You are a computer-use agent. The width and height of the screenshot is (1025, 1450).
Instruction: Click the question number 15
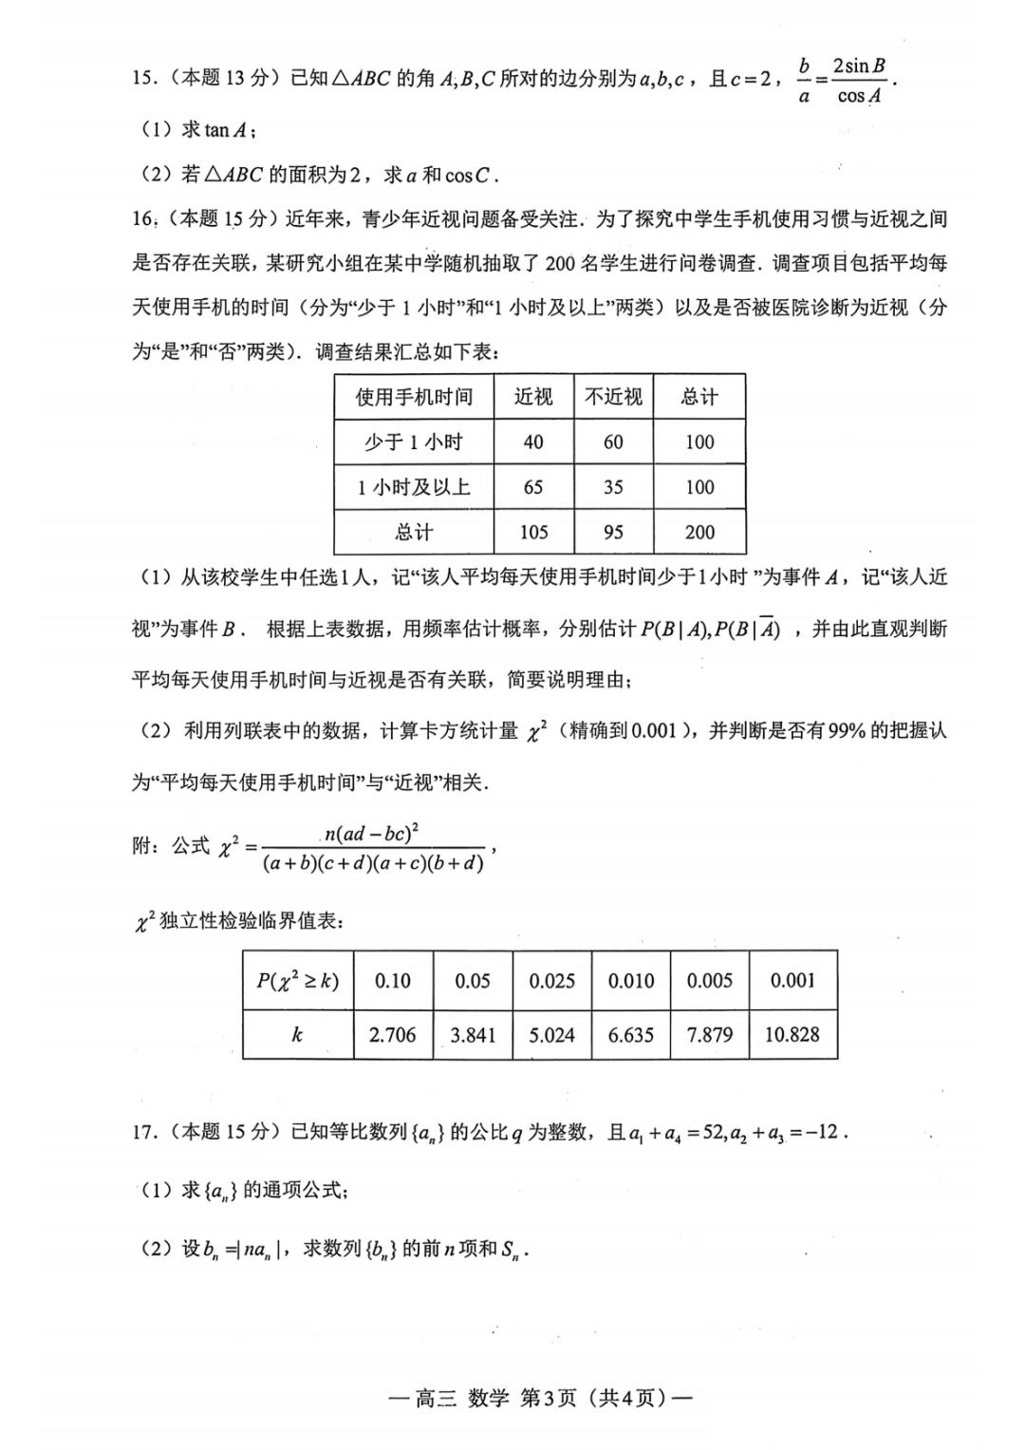[x=144, y=79]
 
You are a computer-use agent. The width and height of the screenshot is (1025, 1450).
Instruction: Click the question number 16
[x=144, y=219]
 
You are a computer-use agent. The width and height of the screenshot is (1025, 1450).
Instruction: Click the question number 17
[x=144, y=1132]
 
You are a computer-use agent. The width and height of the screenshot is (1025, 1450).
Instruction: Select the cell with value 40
[x=533, y=442]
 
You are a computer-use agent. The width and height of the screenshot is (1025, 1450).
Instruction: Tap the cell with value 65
[x=533, y=487]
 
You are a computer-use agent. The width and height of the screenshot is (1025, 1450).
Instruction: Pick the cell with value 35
[x=613, y=487]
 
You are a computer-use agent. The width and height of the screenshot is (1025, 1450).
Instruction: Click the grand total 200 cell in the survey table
[x=699, y=533]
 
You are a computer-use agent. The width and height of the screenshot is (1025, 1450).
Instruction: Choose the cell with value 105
[x=533, y=533]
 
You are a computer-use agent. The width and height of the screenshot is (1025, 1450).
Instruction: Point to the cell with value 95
[x=613, y=533]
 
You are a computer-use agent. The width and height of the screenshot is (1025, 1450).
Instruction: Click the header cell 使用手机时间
[x=414, y=397]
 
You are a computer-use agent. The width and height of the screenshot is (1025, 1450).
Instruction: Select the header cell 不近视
[x=613, y=397]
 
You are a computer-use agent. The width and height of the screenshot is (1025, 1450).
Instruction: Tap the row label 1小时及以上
[x=414, y=487]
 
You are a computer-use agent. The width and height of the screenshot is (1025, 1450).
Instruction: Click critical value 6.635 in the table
[x=631, y=1035]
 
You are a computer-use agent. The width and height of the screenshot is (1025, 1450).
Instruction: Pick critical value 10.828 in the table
[x=792, y=1035]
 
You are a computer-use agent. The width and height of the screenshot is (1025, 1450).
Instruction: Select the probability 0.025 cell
[x=551, y=981]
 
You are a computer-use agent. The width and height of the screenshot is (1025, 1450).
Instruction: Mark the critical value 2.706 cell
[x=392, y=1035]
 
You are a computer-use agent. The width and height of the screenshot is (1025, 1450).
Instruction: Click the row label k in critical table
[x=297, y=1035]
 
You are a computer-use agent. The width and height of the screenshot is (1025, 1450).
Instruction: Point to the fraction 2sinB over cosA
[x=859, y=81]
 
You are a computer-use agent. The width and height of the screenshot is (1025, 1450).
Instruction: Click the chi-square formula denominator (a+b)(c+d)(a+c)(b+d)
[x=373, y=863]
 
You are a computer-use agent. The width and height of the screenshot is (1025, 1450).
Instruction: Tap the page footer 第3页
[x=549, y=1398]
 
